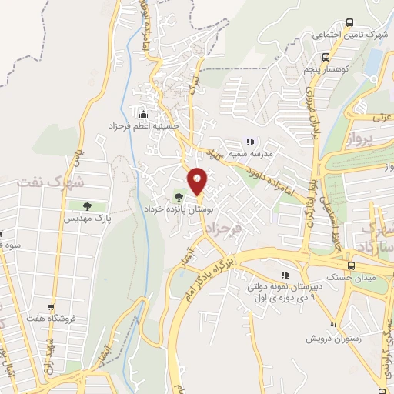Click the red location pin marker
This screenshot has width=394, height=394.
pyautogui.click(x=198, y=180)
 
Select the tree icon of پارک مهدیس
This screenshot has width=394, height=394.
pyautogui.click(x=86, y=206)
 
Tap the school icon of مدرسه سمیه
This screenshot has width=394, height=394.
pyautogui.click(x=249, y=141)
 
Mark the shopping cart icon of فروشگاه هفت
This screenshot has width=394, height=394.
pyautogui.click(x=51, y=306)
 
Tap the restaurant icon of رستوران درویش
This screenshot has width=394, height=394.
pyautogui.click(x=333, y=326)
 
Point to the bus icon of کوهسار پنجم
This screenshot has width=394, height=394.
pyautogui.click(x=326, y=57)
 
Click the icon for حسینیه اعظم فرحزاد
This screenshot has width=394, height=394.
pyautogui.click(x=140, y=113)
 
